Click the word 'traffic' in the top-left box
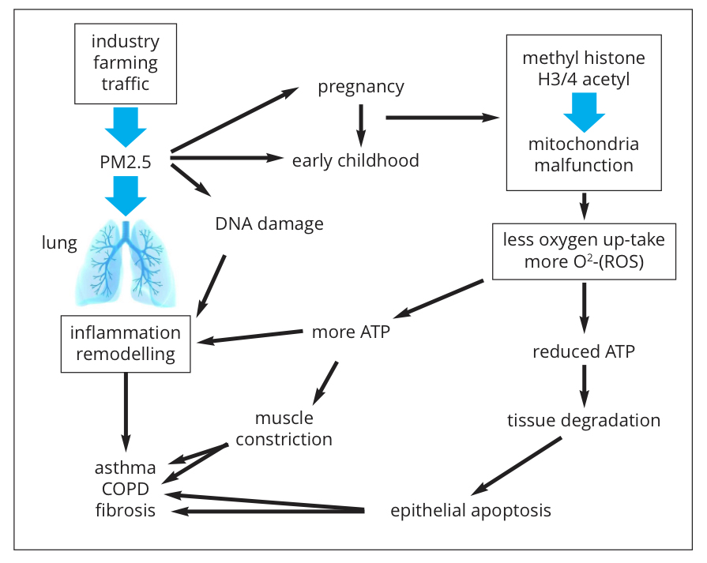pyautogui.click(x=125, y=84)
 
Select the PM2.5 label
pyautogui.click(x=126, y=162)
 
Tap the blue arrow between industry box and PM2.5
pyautogui.click(x=126, y=126)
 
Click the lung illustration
pyautogui.click(x=126, y=261)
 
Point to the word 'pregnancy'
pyautogui.click(x=361, y=87)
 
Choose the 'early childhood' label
pyautogui.click(x=355, y=161)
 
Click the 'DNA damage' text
pyautogui.click(x=269, y=223)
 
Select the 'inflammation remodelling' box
pyautogui.click(x=126, y=343)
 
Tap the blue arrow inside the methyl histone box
pyautogui.click(x=584, y=111)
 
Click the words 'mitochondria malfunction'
pyautogui.click(x=584, y=156)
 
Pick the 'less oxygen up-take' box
pyautogui.click(x=584, y=251)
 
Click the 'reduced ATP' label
pyautogui.click(x=584, y=351)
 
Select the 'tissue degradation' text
pyautogui.click(x=584, y=419)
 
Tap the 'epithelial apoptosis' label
pyautogui.click(x=471, y=510)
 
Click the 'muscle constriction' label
pyautogui.click(x=284, y=429)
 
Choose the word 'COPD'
pyautogui.click(x=126, y=490)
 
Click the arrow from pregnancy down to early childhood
pyautogui.click(x=361, y=122)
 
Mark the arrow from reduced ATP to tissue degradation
pyautogui.click(x=584, y=385)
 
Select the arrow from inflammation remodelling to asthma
pyautogui.click(x=125, y=411)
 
